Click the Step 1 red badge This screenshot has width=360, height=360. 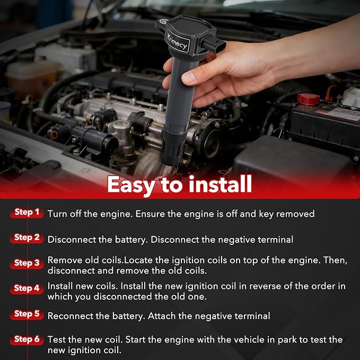[x=27, y=213]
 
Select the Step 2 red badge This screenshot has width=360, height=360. [x=27, y=238]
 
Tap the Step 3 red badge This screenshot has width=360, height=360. [x=27, y=264]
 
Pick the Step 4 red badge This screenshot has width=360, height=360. [x=27, y=288]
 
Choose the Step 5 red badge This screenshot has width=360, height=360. [x=27, y=314]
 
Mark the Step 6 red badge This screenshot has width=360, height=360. [x=27, y=339]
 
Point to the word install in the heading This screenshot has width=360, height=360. [x=221, y=184]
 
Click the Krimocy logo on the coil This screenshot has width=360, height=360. [x=178, y=42]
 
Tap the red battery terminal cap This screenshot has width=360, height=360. [x=309, y=99]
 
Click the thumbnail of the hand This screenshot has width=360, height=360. [x=189, y=77]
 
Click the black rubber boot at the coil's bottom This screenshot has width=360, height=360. [x=173, y=147]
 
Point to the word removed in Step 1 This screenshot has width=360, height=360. [x=295, y=214]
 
